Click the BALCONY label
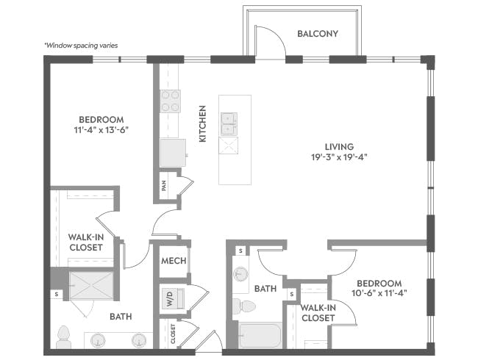click(318, 34)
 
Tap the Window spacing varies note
click(81, 46)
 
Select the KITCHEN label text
click(202, 123)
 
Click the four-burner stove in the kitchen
click(170, 101)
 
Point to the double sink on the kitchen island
click(229, 124)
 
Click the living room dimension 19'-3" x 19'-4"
click(339, 157)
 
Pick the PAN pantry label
click(164, 185)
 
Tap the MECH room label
click(174, 261)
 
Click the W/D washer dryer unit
click(173, 298)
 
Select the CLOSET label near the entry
click(173, 334)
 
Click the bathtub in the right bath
click(260, 335)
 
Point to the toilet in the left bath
click(64, 336)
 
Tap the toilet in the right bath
click(244, 306)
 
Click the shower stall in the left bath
click(91, 285)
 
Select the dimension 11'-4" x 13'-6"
click(101, 130)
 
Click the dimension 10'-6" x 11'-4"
click(379, 293)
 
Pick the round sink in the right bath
click(240, 274)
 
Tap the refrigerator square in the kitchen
click(173, 153)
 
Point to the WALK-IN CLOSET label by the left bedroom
click(86, 242)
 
